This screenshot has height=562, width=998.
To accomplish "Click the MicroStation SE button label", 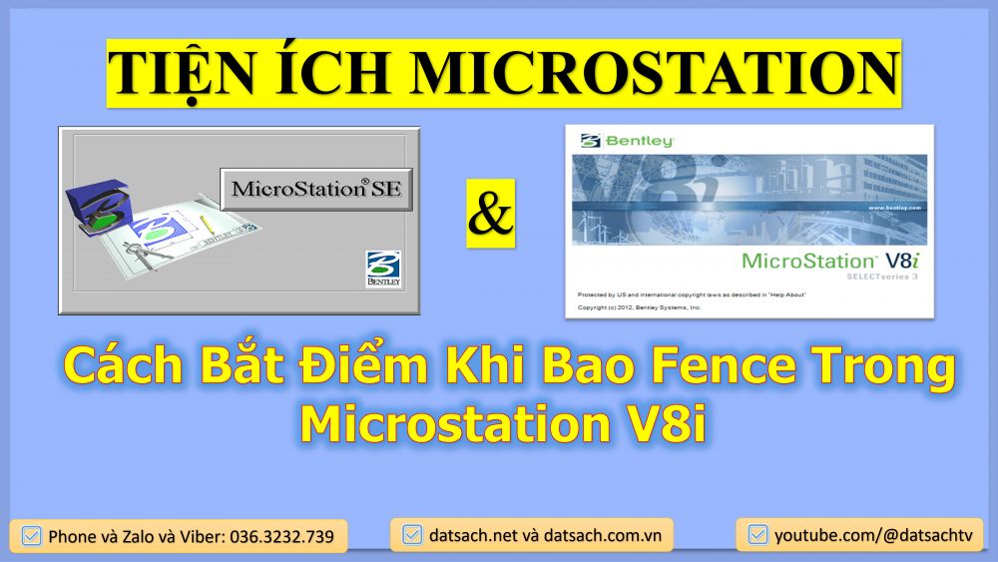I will (x=316, y=189).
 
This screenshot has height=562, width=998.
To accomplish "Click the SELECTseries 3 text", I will (x=883, y=276).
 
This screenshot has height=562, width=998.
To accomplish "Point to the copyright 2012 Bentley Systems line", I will (x=640, y=307).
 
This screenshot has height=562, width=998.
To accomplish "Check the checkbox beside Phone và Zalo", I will (x=31, y=536).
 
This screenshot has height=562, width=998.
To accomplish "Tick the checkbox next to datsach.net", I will (x=411, y=536).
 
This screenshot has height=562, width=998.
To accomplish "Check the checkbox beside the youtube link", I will (x=757, y=536).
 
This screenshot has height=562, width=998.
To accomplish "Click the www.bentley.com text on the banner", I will (x=892, y=208).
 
